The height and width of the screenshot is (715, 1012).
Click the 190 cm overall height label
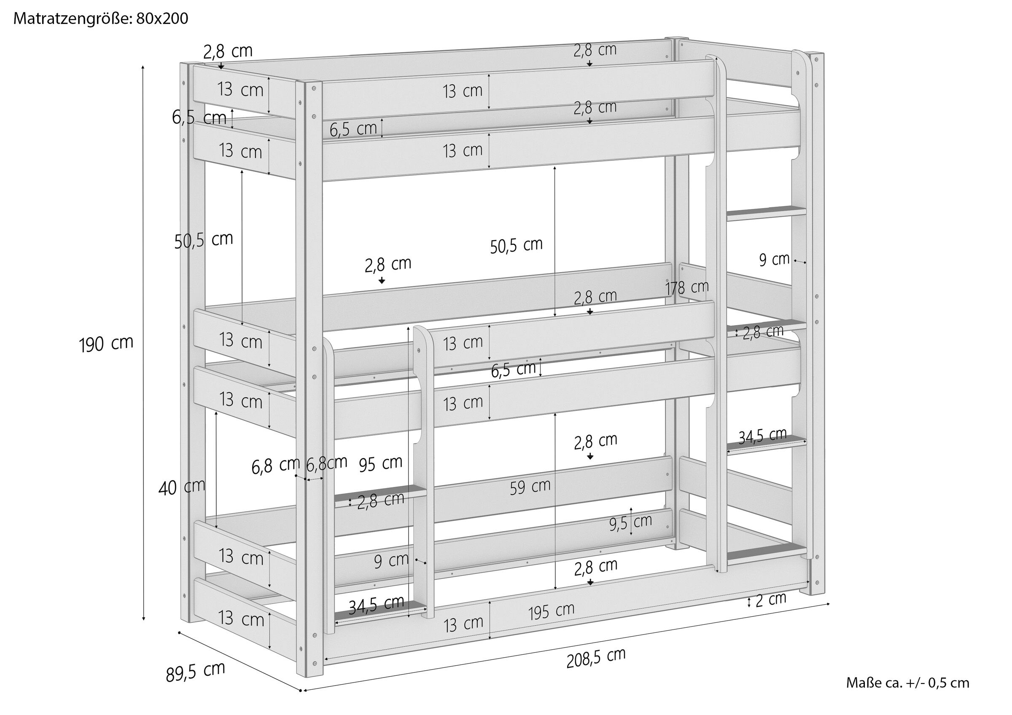(106, 344)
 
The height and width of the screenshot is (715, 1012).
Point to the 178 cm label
(687, 288)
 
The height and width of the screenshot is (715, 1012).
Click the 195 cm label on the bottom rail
(552, 611)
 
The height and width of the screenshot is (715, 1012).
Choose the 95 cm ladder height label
(380, 464)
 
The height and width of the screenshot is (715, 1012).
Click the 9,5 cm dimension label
(630, 522)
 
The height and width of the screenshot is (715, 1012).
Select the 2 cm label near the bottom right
(771, 599)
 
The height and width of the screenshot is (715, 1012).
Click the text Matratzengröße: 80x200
(101, 19)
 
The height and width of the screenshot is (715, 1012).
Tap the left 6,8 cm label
(276, 466)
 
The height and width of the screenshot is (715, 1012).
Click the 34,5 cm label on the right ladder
(762, 436)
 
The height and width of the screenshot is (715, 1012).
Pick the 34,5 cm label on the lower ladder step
(376, 605)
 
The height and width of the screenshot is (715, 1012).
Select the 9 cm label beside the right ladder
(774, 260)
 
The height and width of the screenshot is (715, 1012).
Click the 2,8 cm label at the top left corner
(228, 52)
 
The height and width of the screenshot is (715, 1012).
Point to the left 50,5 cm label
(204, 240)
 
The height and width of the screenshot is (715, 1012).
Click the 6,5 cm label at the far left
(199, 118)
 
